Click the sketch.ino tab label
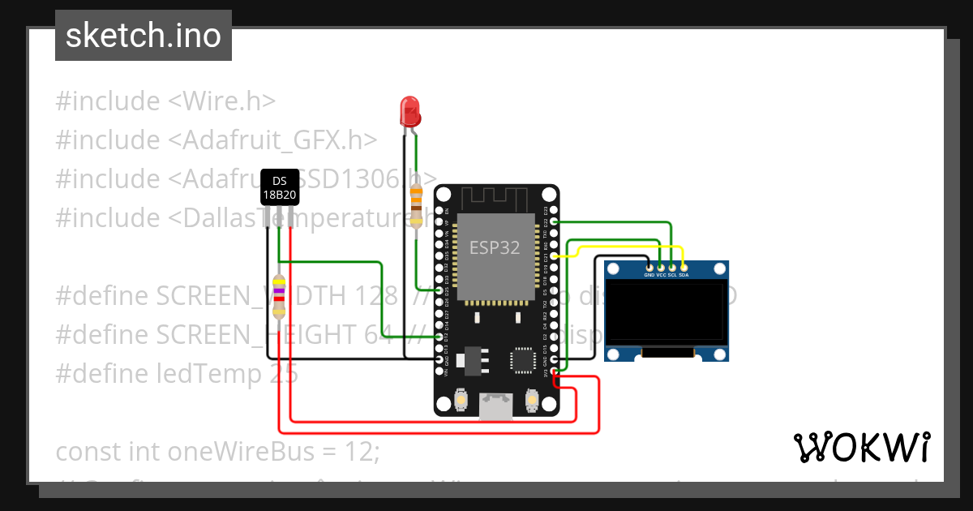tap(144, 36)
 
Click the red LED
tap(410, 111)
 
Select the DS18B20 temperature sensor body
tap(279, 187)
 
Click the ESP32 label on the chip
tap(495, 247)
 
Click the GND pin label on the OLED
tap(649, 275)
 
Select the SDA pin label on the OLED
tap(684, 275)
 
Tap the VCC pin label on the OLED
tap(661, 275)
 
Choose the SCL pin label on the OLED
tap(672, 275)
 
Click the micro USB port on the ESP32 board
tap(495, 406)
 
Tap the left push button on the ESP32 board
tap(460, 399)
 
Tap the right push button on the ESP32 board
tap(532, 399)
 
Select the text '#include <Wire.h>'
tap(166, 101)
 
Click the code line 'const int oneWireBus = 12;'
tap(217, 450)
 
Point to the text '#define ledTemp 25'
tap(177, 373)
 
